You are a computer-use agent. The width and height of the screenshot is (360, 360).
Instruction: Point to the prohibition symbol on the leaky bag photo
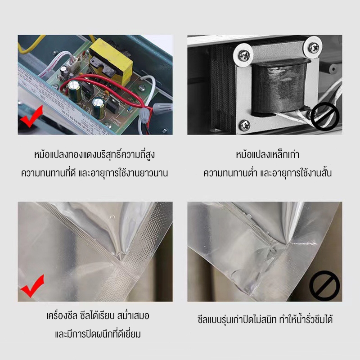pos(324,285)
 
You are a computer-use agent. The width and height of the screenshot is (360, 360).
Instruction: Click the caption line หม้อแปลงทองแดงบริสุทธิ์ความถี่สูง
pos(95,155)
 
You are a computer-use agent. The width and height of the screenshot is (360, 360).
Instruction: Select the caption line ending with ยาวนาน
pos(95,173)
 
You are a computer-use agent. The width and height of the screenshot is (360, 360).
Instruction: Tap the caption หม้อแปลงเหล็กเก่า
pos(265,155)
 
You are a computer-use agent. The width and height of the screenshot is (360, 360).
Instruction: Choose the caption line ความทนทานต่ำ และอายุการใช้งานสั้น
pos(265,173)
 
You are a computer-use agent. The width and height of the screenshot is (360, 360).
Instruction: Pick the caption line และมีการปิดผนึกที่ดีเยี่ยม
pos(95,334)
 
